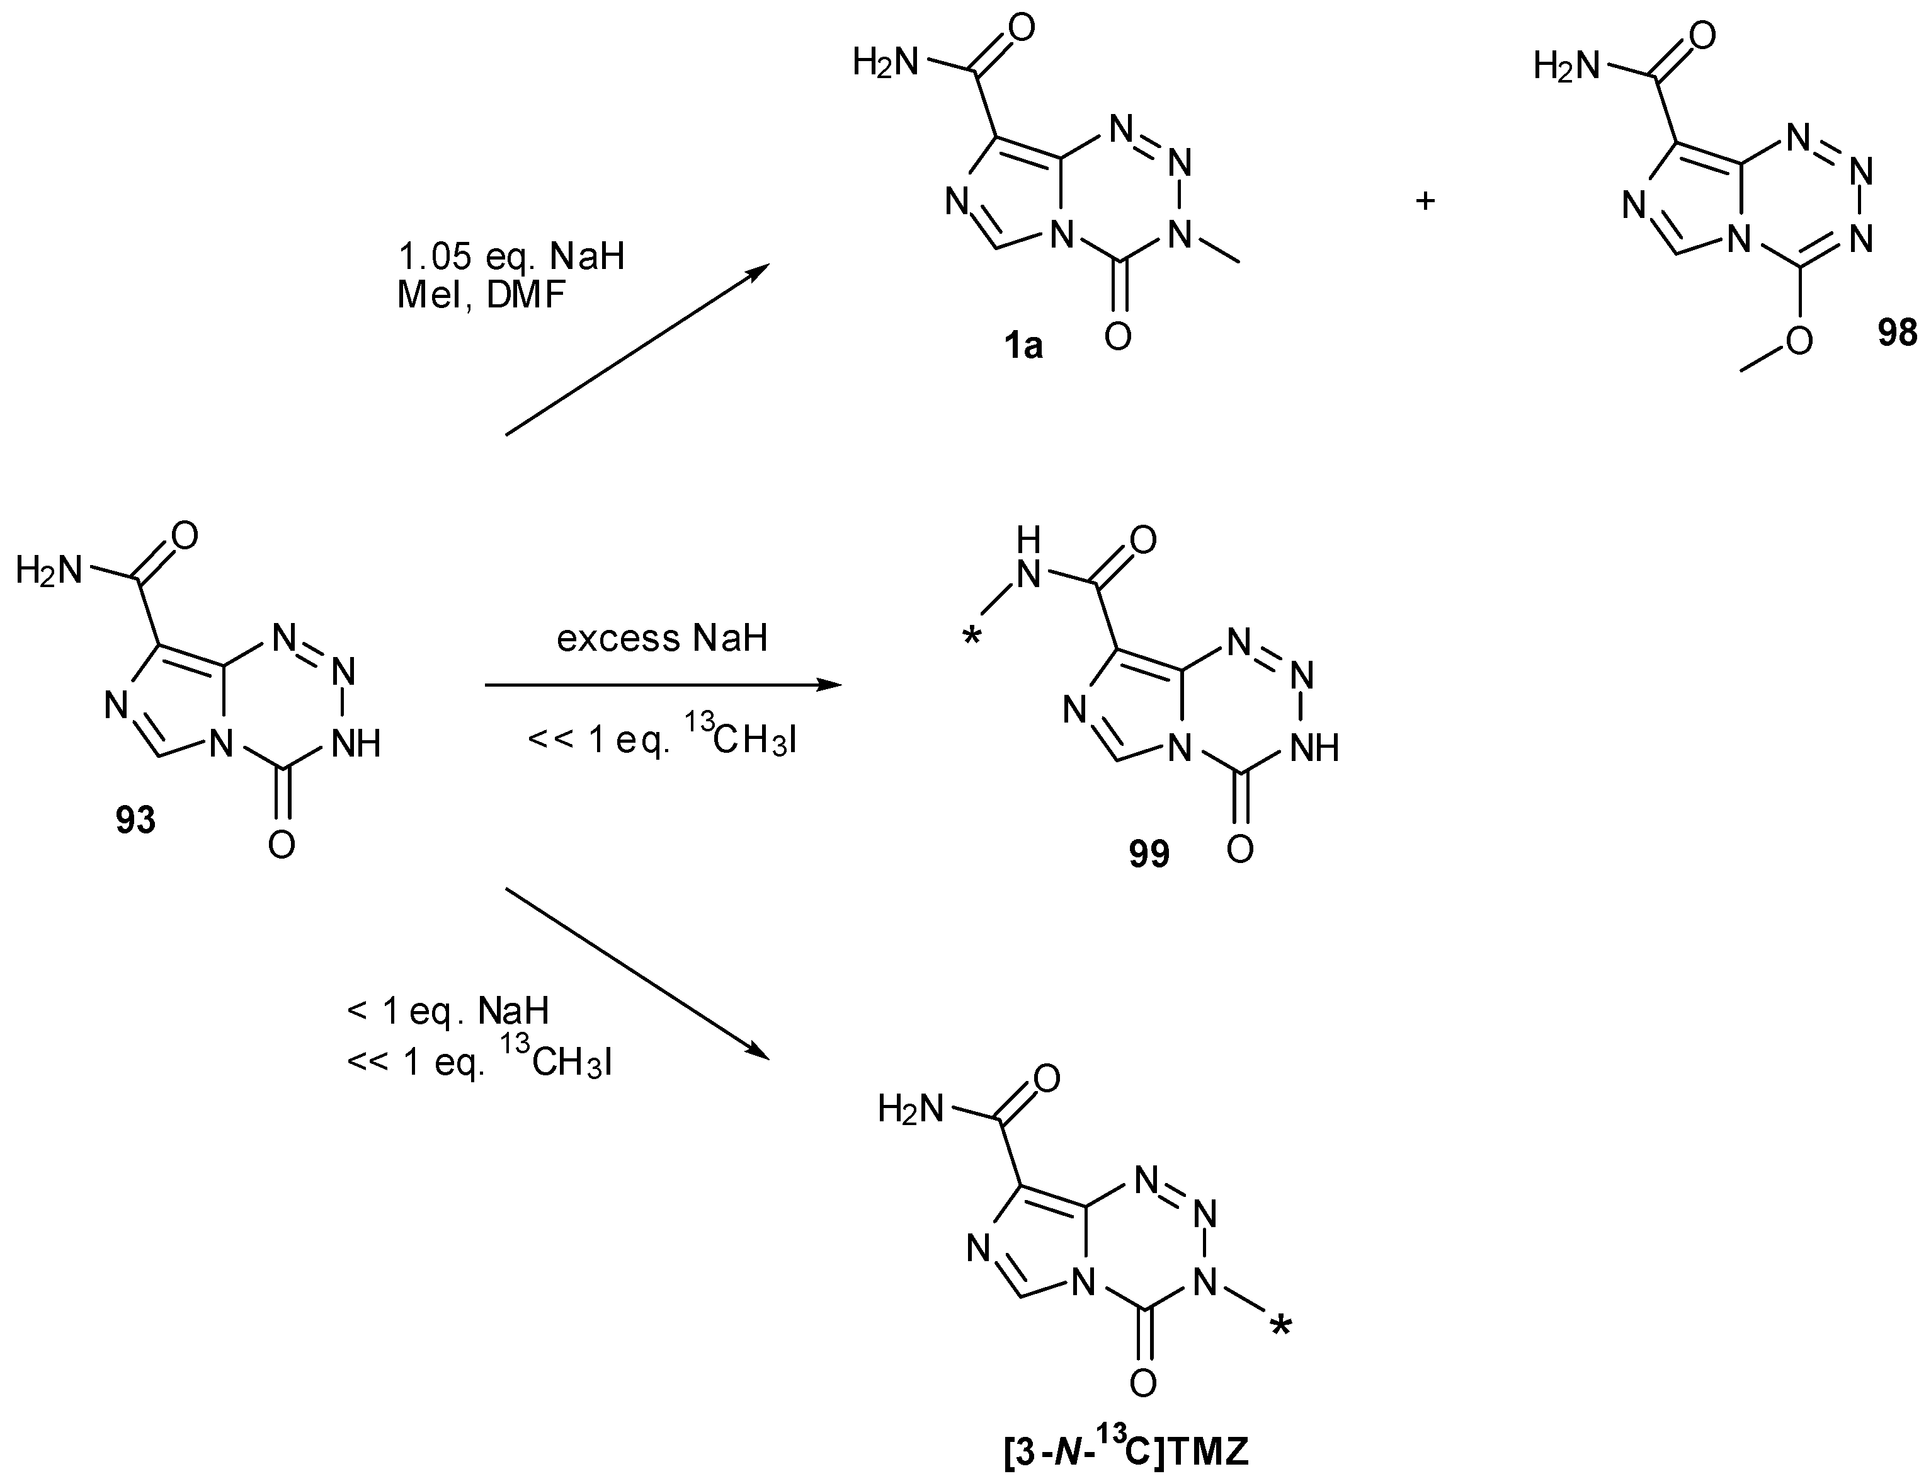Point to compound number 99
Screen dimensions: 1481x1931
(x=1149, y=854)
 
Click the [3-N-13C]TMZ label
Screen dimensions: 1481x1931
(x=1126, y=1450)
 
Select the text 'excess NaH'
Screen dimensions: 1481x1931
(x=662, y=638)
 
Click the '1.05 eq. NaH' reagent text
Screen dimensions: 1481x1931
(x=511, y=256)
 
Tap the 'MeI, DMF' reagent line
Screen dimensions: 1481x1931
(x=481, y=295)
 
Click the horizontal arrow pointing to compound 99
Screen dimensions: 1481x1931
(x=661, y=685)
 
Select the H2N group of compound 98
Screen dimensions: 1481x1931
(x=1565, y=64)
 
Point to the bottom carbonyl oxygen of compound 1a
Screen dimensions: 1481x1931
(x=1117, y=336)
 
